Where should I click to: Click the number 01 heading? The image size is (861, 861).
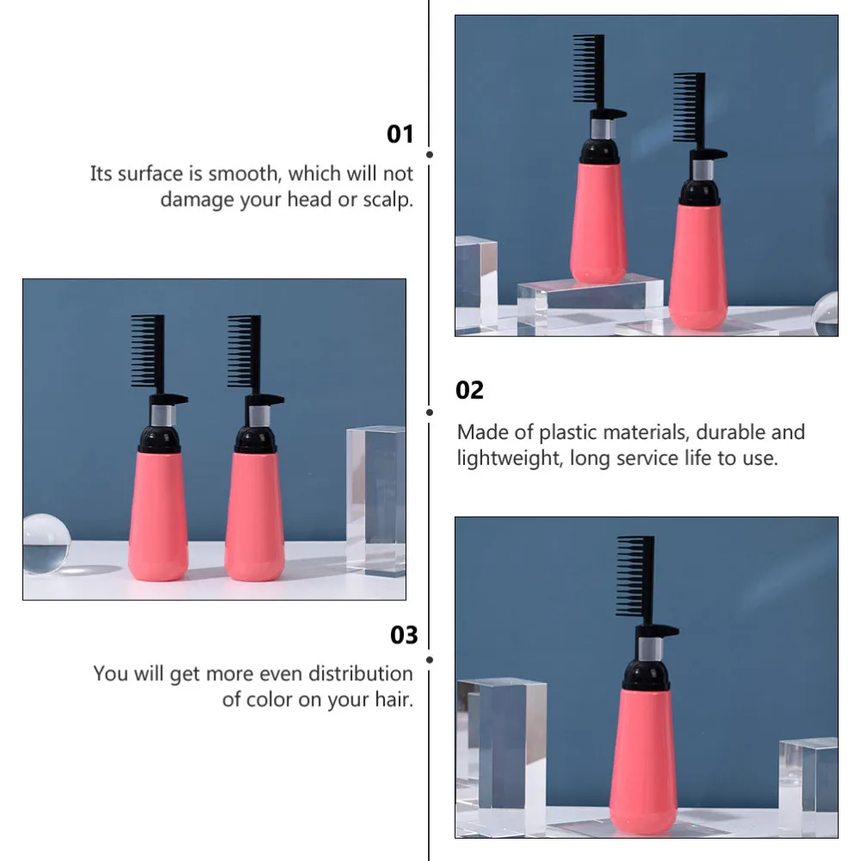pyautogui.click(x=400, y=134)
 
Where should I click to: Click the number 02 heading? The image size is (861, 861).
pyautogui.click(x=470, y=390)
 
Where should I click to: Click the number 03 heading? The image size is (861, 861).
pyautogui.click(x=404, y=635)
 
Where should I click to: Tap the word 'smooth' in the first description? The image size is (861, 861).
pyautogui.click(x=245, y=174)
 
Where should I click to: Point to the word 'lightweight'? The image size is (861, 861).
pyautogui.click(x=509, y=458)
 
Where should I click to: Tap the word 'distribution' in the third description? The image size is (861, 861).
pyautogui.click(x=361, y=673)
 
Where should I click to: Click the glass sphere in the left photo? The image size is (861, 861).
pyautogui.click(x=46, y=544)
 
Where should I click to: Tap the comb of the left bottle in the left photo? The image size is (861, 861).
pyautogui.click(x=146, y=351)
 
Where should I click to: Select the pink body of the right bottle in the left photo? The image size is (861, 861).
pyautogui.click(x=254, y=517)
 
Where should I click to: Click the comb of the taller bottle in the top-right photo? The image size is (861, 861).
pyautogui.click(x=588, y=69)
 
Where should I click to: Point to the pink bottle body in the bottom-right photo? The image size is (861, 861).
pyautogui.click(x=644, y=758)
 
